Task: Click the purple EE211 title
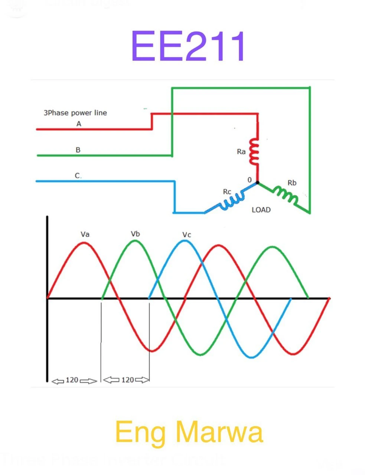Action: (x=188, y=46)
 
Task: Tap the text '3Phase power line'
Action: (x=75, y=113)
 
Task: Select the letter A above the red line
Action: (x=79, y=124)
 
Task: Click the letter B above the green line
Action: (x=78, y=150)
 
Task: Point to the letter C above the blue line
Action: (x=77, y=176)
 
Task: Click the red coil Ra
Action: (x=254, y=151)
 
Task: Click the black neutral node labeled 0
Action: (x=257, y=183)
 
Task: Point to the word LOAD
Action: (x=261, y=210)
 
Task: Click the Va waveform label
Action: (x=85, y=234)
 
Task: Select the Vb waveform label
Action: (x=135, y=234)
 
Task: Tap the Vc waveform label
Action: (x=187, y=235)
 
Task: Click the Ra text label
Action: (x=241, y=152)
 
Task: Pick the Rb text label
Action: (x=292, y=183)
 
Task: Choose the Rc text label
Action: (x=227, y=191)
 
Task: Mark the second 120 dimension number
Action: (x=127, y=380)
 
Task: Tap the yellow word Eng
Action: (x=140, y=432)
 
